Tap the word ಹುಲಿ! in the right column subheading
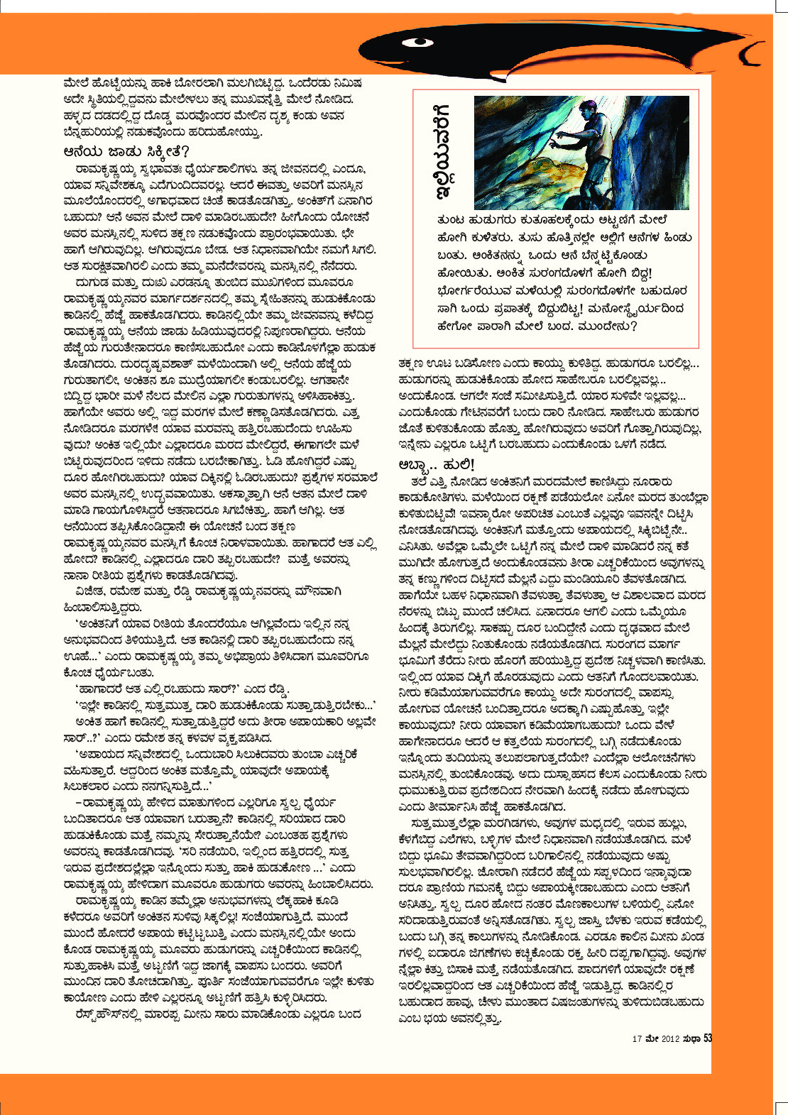[458, 464]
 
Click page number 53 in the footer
[707, 1039]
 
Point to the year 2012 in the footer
[671, 1039]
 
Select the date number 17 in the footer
[637, 1039]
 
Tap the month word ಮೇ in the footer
[652, 1039]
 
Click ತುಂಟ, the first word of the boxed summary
[452, 220]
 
